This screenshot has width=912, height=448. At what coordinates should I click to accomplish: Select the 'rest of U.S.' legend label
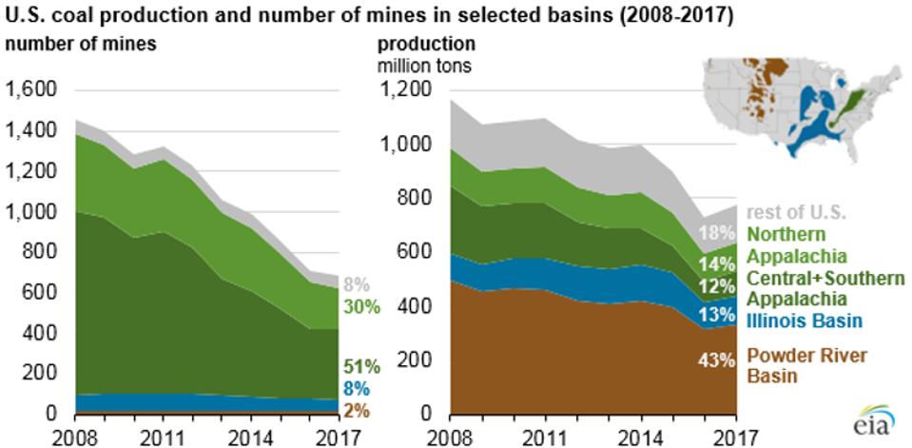[x=797, y=212]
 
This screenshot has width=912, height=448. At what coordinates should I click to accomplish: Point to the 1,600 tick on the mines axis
[x=31, y=90]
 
